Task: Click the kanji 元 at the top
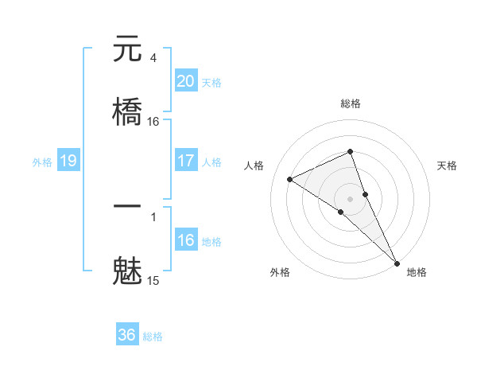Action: coord(127,49)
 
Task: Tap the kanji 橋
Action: coord(127,111)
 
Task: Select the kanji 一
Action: coord(127,205)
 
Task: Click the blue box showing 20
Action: coord(185,81)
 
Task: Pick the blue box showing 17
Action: coord(185,161)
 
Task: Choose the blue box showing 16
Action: coord(185,240)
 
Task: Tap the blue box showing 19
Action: coord(68,162)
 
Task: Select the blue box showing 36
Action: coord(127,335)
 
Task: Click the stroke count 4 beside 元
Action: coord(153,57)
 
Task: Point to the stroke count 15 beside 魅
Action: coord(153,280)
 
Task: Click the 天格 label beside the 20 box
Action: coord(211,83)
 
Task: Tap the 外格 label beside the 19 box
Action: coord(42,162)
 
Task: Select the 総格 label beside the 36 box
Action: coord(153,337)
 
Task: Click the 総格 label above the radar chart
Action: coord(351,103)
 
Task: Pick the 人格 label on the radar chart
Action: coord(254,166)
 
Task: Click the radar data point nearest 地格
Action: coord(397,262)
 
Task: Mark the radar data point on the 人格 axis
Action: coord(290,179)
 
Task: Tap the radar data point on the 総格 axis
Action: coord(351,151)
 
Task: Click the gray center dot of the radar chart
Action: coord(351,198)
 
